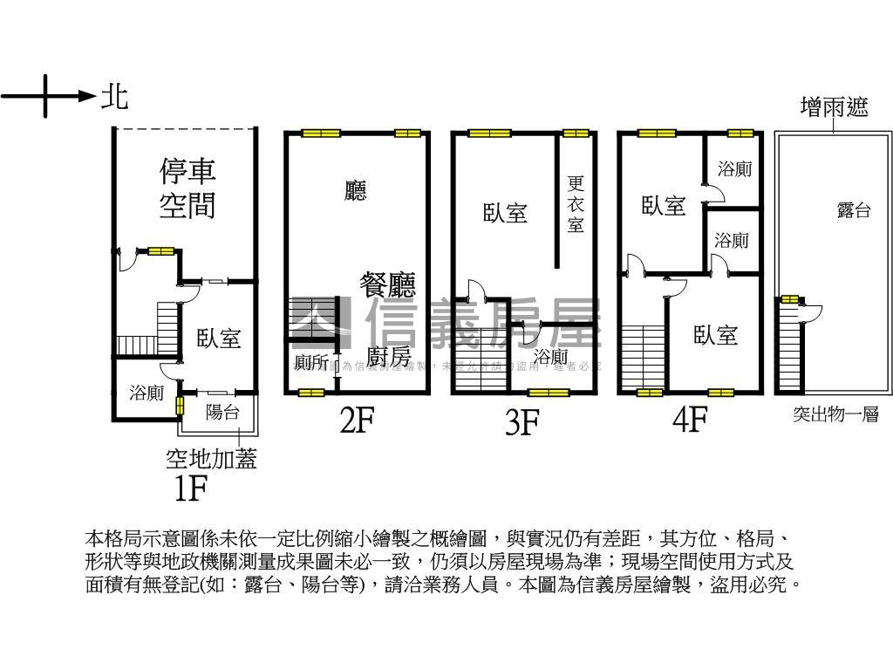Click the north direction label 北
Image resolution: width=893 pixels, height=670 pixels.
[x=115, y=96]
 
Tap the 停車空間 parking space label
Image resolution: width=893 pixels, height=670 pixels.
[x=187, y=188]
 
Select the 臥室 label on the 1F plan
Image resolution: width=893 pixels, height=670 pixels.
[x=218, y=338]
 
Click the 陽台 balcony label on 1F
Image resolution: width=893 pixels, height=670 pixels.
[x=222, y=413]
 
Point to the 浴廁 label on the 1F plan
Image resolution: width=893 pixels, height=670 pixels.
[x=147, y=393]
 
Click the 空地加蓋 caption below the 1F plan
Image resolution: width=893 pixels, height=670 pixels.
[x=212, y=458]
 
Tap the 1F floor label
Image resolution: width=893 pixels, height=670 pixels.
[x=190, y=489]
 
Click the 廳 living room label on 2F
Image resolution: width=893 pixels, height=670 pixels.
[x=355, y=191]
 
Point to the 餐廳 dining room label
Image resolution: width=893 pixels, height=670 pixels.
[x=388, y=284]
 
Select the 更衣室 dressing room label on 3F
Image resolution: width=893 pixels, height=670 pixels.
[x=576, y=204]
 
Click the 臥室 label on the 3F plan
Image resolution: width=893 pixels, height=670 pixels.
[x=506, y=212]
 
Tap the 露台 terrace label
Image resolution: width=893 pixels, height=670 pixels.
[x=853, y=210]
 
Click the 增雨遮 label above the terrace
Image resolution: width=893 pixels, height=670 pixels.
[x=835, y=107]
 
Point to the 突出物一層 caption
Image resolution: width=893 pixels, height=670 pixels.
[x=835, y=415]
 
